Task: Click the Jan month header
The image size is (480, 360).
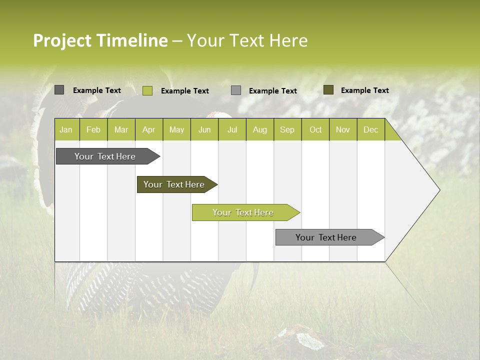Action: pos(66,130)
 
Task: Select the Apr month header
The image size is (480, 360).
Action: pos(149,130)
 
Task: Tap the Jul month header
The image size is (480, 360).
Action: pos(232,130)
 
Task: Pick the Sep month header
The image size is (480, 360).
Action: pos(287,130)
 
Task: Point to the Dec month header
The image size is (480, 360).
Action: pos(370,130)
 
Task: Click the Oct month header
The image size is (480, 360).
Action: pos(315,130)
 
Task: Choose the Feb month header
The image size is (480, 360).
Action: pos(93,130)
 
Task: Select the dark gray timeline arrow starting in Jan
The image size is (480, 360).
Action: pos(105,156)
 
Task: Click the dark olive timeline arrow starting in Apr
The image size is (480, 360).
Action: pos(174,184)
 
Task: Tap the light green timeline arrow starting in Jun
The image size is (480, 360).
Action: pos(243,212)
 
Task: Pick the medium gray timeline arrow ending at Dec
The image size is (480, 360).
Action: pos(326,237)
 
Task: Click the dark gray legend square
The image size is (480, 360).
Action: pos(59,90)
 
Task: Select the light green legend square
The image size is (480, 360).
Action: pos(147,90)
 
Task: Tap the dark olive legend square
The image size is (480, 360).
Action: pos(328,90)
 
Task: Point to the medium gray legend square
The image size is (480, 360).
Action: pos(236,90)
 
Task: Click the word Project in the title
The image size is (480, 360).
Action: pos(62,40)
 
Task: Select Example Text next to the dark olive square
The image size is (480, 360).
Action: pos(364,90)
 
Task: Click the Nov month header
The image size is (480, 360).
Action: pos(343,130)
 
